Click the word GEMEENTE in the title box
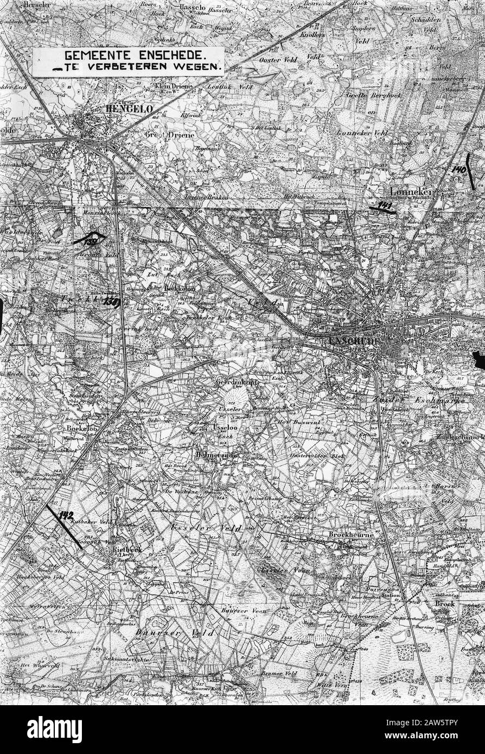tap(90, 55)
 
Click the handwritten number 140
tap(459, 169)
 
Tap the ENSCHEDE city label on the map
tap(355, 340)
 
